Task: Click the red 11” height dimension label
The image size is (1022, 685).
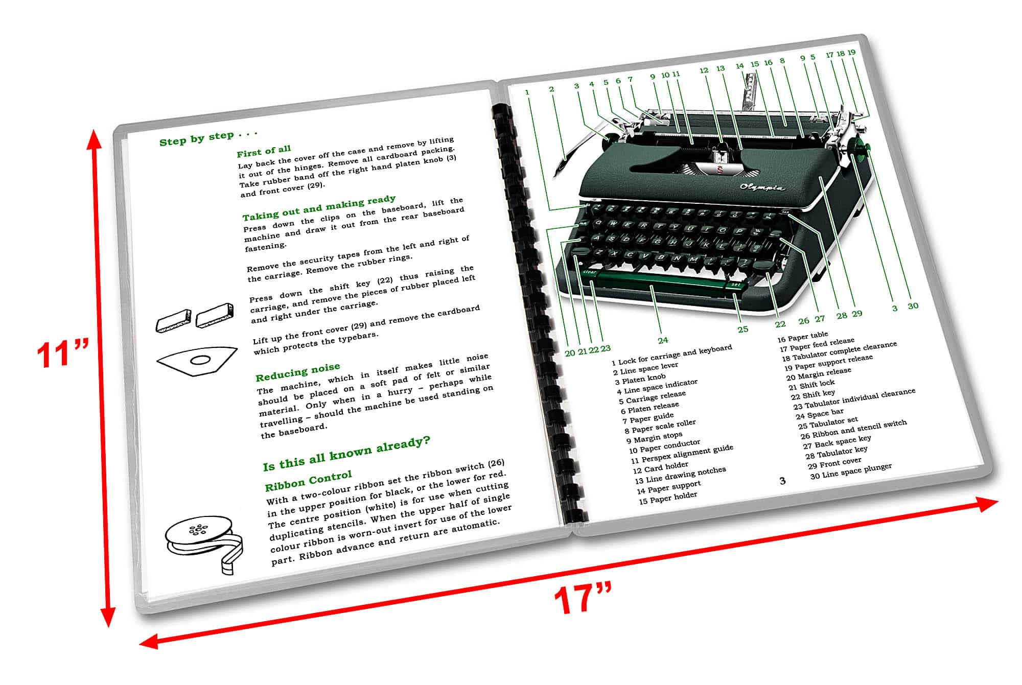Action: [62, 354]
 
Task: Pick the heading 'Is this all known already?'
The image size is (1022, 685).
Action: [346, 454]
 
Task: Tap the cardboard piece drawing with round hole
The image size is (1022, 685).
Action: [197, 361]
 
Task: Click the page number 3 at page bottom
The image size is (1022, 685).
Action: [782, 481]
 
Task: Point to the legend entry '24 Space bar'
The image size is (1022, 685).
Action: [820, 414]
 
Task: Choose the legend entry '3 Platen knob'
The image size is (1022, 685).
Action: [640, 379]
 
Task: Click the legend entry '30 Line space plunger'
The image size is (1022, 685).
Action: [851, 471]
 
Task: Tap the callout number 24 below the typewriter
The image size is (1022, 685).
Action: [663, 340]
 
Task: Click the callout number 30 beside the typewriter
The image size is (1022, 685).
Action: [913, 306]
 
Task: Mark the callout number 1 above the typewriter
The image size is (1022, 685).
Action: [527, 92]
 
